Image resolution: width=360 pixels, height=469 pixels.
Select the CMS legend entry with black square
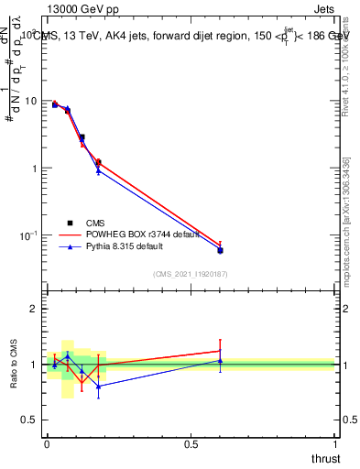point(95,222)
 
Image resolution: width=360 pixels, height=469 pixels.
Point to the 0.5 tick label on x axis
point(191,443)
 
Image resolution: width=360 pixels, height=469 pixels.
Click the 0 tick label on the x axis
point(47,443)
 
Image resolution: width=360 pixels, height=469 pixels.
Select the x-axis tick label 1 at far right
point(335,443)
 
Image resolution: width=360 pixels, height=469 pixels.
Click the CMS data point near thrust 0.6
point(220,250)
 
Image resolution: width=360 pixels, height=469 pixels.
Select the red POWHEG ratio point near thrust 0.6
point(220,351)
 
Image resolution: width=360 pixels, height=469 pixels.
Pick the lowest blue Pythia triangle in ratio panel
point(98,386)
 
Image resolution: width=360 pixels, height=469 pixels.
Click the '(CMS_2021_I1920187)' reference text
point(191,273)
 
